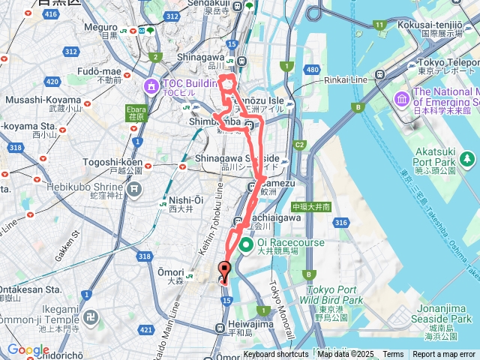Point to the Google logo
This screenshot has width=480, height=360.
(x=28, y=349)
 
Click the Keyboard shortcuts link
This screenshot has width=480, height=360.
(x=275, y=354)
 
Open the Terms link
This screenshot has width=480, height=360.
(x=393, y=354)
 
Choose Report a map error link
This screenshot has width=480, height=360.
(x=443, y=354)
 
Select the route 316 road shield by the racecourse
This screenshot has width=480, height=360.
(x=342, y=223)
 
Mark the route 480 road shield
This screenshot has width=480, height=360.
(x=312, y=70)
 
